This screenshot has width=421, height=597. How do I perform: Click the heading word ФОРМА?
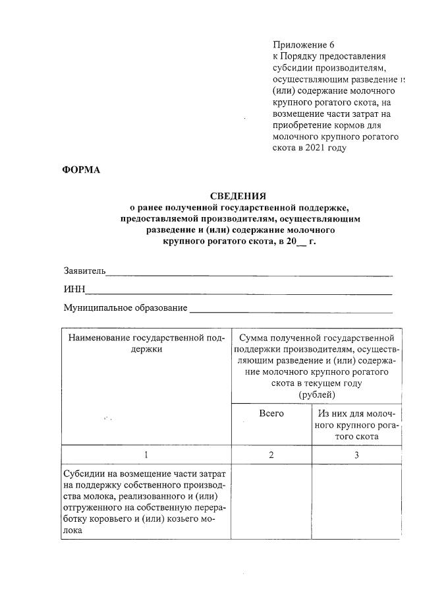81,170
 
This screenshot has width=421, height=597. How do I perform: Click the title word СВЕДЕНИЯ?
238,196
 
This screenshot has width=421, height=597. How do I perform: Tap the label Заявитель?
84,271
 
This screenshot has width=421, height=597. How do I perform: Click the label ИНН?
74,290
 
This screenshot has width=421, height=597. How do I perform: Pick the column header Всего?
271,413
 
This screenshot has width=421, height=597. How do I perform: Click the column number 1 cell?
146,455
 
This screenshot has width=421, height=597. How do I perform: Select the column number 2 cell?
271,455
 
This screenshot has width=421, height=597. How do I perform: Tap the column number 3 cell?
356,455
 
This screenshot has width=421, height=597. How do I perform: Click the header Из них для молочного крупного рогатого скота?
356,425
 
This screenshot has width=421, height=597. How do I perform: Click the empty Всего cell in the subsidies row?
271,501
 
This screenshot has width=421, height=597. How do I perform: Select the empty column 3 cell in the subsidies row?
356,501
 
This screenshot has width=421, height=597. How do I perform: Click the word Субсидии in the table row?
84,474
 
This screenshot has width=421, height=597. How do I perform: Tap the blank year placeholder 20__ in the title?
290,241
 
